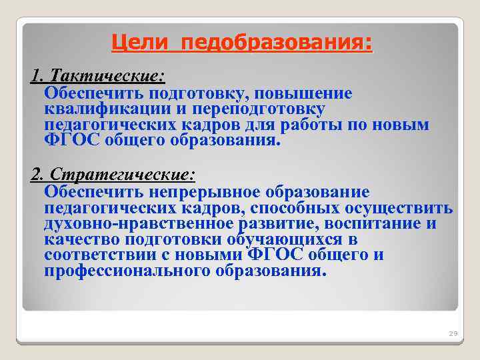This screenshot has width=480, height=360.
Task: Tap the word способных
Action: pyautogui.click(x=295, y=207)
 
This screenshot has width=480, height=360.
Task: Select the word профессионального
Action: pyautogui.click(x=127, y=271)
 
